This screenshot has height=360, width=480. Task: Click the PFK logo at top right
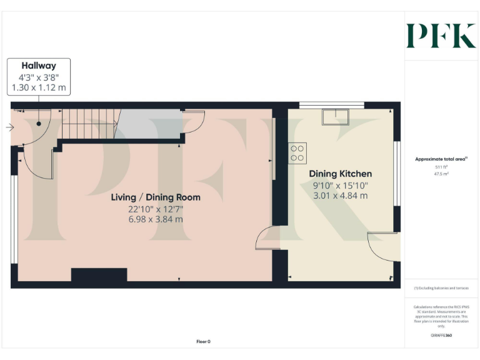[441, 36]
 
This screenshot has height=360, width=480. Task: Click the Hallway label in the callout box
[39, 66]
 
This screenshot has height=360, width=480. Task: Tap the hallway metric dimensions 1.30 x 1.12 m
[39, 88]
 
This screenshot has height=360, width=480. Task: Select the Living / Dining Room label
[156, 197]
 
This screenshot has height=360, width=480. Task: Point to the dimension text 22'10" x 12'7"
[156, 209]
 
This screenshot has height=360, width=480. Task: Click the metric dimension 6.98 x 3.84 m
[156, 219]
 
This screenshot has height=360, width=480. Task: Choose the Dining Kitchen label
[341, 174]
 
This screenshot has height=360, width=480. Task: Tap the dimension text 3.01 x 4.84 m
[341, 196]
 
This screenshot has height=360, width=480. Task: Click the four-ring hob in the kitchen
[297, 153]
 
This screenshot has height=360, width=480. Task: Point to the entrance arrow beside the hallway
[9, 127]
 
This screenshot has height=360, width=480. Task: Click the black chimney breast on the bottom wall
[99, 275]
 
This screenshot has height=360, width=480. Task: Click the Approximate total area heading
[441, 159]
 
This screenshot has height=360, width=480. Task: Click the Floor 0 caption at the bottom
[204, 341]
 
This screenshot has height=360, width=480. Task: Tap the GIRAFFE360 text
[441, 336]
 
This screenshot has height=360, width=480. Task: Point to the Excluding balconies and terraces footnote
[441, 288]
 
